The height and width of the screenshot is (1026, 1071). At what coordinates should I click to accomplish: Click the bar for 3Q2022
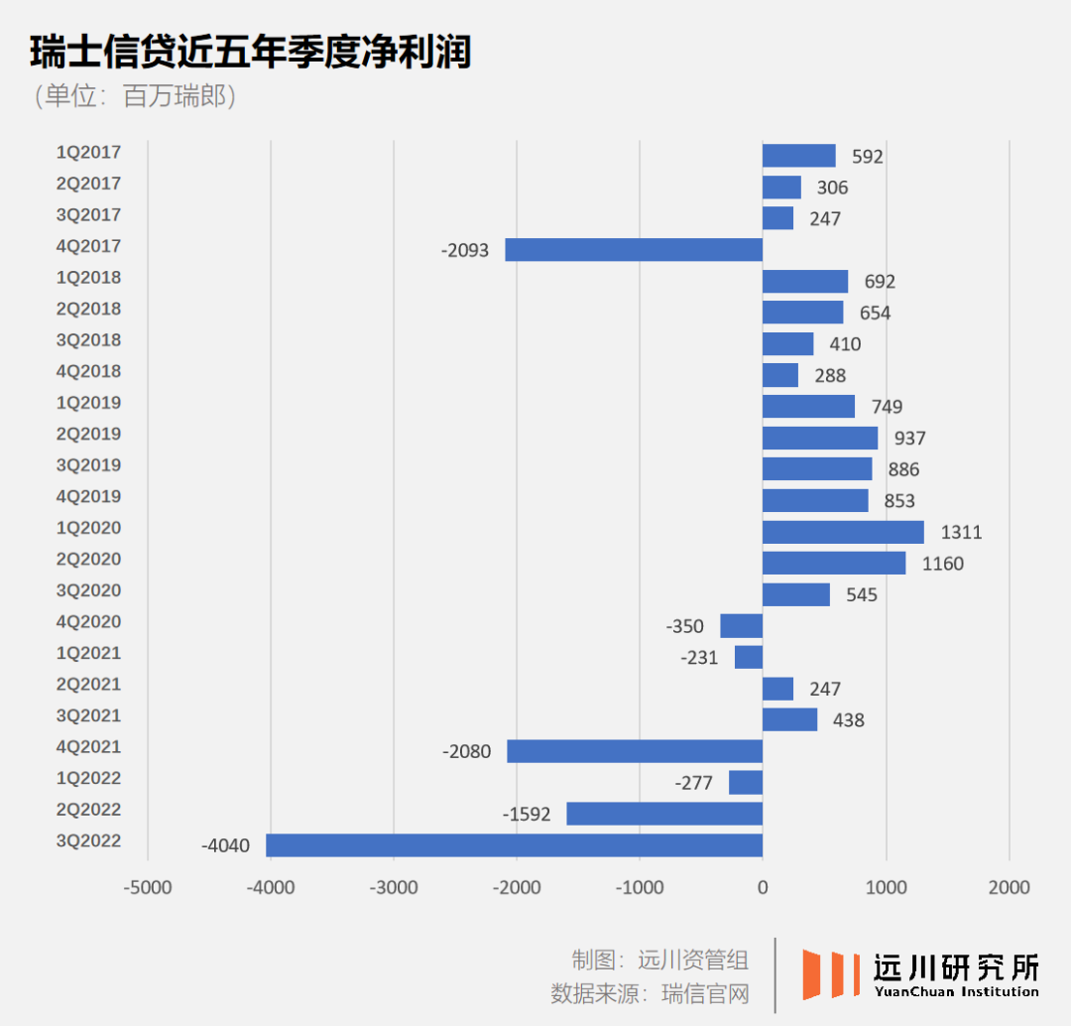pyautogui.click(x=514, y=845)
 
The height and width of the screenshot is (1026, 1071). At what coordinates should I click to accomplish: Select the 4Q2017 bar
pyautogui.click(x=634, y=250)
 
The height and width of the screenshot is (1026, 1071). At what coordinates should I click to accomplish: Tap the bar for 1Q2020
pyautogui.click(x=843, y=532)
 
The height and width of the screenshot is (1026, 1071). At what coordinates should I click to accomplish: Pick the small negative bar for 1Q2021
pyautogui.click(x=749, y=657)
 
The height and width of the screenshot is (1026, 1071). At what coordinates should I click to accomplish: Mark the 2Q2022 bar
pyautogui.click(x=664, y=814)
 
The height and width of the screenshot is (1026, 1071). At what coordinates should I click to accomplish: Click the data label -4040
pyautogui.click(x=225, y=846)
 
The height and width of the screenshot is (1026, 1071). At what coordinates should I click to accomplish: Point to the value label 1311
pyautogui.click(x=961, y=533)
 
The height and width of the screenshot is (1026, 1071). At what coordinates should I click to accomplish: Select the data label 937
pyautogui.click(x=908, y=439)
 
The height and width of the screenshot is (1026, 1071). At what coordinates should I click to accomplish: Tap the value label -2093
pyautogui.click(x=465, y=251)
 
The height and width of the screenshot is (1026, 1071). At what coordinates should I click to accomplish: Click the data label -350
pyautogui.click(x=685, y=627)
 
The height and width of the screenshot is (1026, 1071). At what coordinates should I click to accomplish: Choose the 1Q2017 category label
pyautogui.click(x=88, y=152)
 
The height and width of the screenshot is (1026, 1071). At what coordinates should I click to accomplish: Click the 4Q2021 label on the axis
pyautogui.click(x=88, y=747)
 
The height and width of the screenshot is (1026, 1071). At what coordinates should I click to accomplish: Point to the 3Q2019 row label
pyautogui.click(x=88, y=465)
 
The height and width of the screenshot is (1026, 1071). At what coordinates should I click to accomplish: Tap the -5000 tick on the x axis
pyautogui.click(x=148, y=887)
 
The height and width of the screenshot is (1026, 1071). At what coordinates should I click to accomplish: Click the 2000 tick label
pyautogui.click(x=1009, y=887)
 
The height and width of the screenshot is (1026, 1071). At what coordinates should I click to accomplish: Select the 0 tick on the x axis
pyautogui.click(x=763, y=887)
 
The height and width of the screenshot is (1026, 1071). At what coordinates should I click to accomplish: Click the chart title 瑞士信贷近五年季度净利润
pyautogui.click(x=250, y=53)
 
